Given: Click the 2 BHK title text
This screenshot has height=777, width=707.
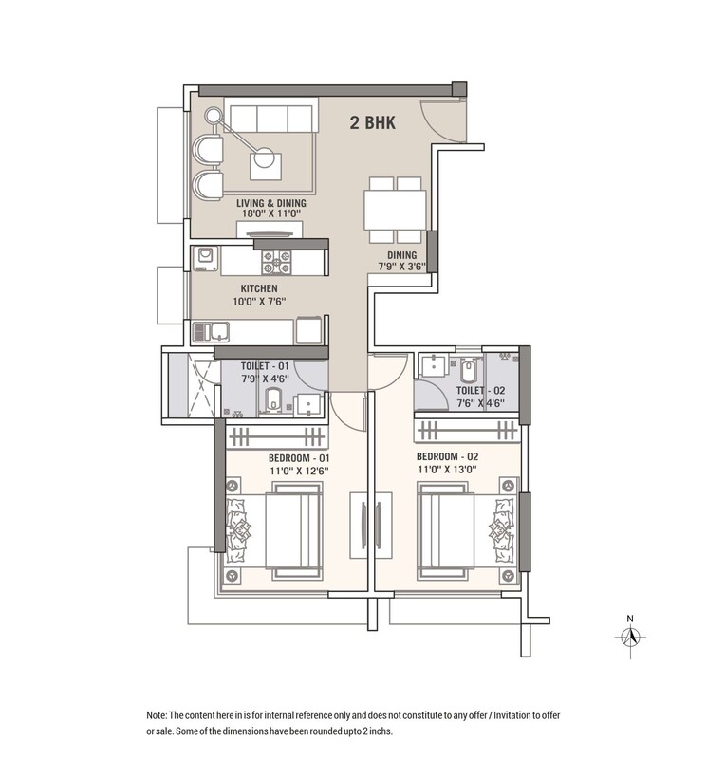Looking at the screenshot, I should point(372,122).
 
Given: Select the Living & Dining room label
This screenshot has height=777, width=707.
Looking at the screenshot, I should point(276,202).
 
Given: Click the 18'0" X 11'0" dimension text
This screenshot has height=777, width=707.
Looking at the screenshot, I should point(276,214).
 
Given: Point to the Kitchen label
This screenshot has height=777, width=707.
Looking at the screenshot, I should point(259,288).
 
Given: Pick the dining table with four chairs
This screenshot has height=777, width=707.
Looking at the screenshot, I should point(395,209).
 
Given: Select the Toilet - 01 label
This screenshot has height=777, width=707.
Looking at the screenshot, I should point(265,364).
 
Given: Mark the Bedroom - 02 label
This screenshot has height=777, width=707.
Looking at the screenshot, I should point(450,456).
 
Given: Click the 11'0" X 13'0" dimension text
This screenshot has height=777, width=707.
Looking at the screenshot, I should point(450,469).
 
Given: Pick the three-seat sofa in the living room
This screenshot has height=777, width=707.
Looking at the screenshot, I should point(270,119).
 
